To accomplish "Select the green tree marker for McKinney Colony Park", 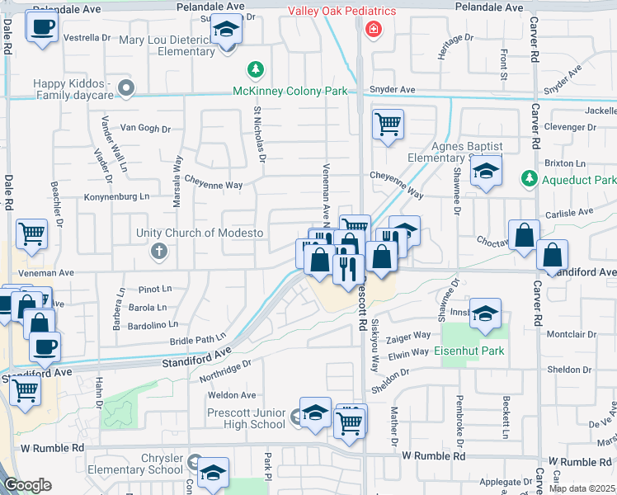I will click(257, 68).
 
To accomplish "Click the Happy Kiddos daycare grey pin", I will click(125, 86).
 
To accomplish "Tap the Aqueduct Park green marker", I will click(528, 179).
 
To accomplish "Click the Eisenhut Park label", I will click(470, 351).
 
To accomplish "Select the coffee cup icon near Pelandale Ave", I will click(41, 26).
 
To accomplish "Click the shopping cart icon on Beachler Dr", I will click(31, 233).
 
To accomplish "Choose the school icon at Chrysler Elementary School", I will click(213, 473).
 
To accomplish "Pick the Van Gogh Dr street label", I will click(145, 128).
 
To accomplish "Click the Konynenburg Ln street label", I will click(117, 196).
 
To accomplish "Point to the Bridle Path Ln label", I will click(198, 338).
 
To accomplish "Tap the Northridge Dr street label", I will click(225, 370).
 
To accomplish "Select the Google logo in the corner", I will click(27, 486).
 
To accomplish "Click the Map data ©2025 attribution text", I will click(582, 488).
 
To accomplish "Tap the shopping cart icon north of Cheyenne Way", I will click(388, 125).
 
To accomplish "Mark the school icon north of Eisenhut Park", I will click(486, 313).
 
